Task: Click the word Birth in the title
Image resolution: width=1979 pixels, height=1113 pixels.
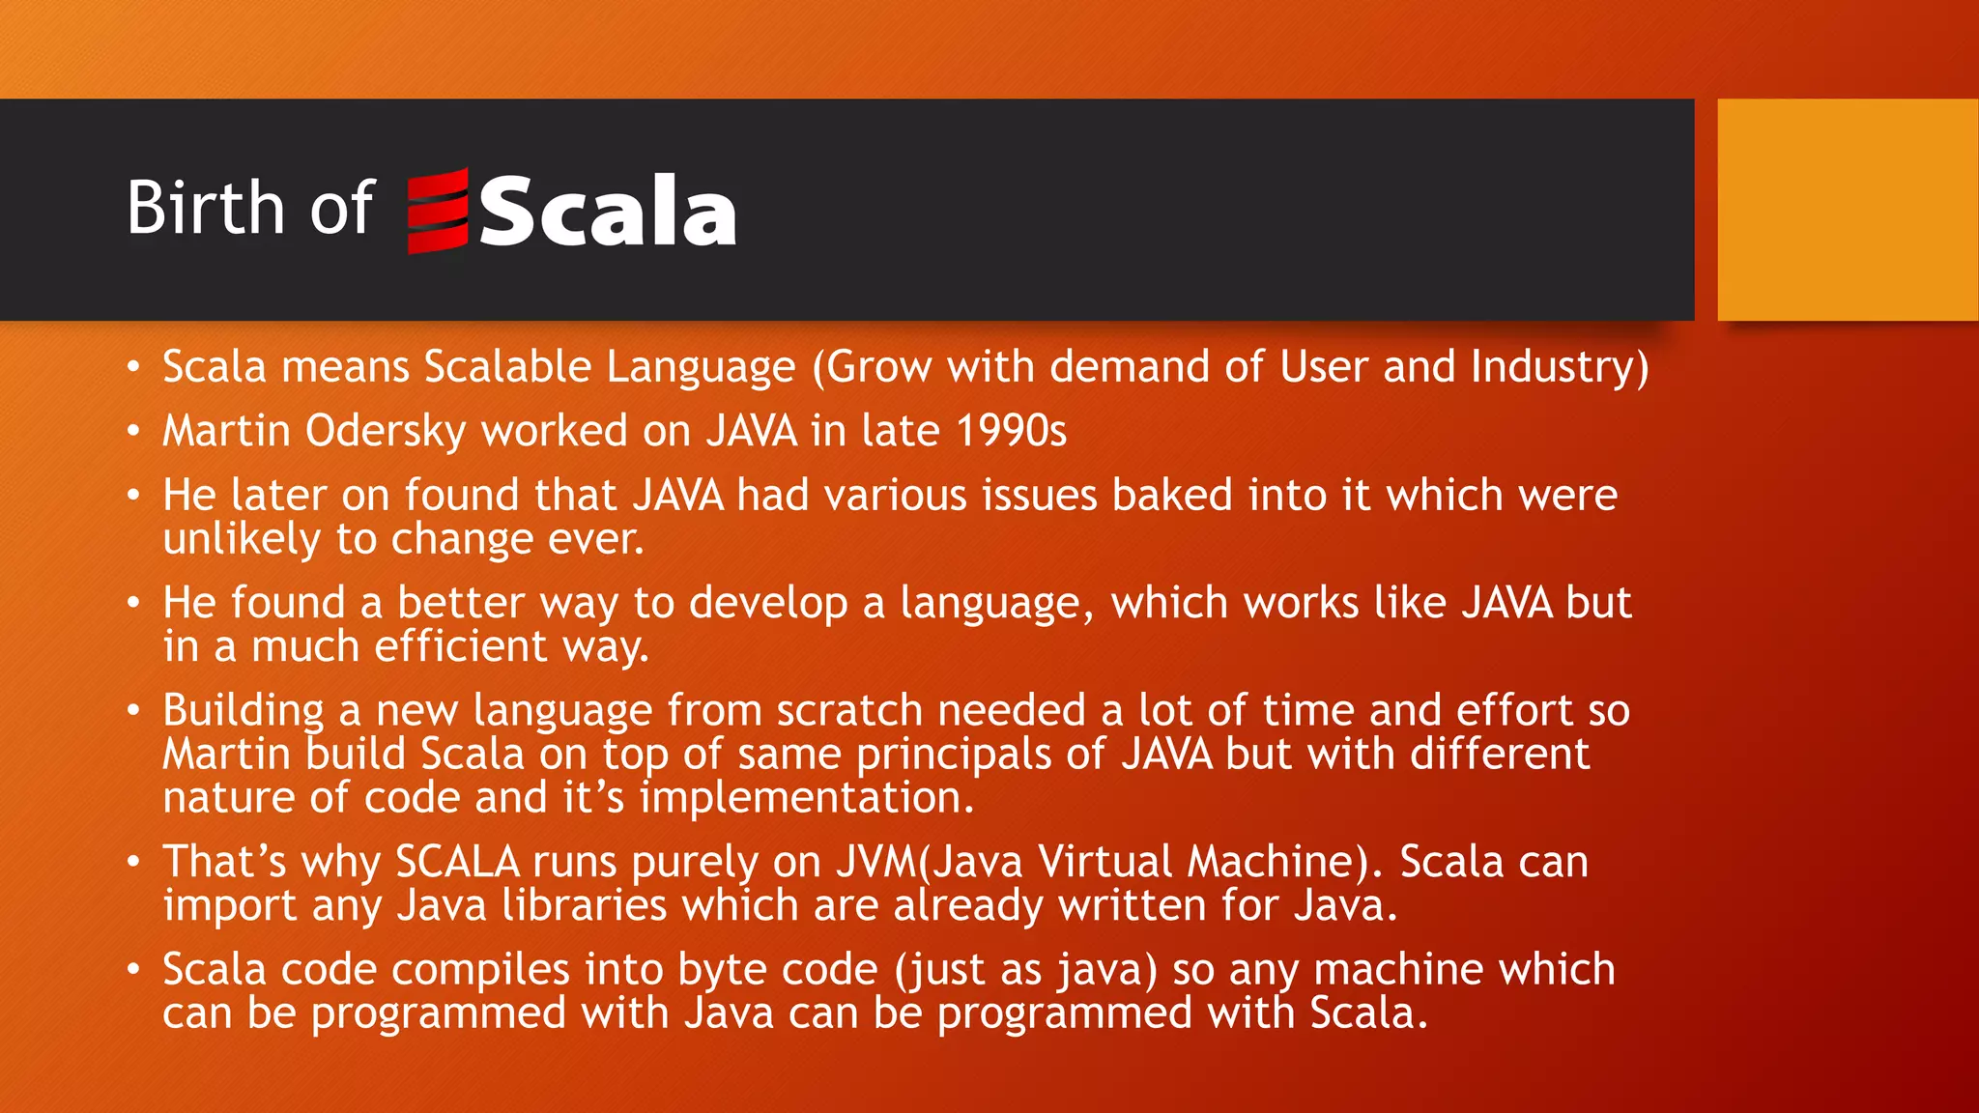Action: point(204,208)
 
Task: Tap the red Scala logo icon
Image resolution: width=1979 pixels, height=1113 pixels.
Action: point(438,211)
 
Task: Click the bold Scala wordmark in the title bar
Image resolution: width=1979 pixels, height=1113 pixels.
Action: point(608,212)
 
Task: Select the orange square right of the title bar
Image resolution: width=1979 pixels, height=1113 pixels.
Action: point(1847,209)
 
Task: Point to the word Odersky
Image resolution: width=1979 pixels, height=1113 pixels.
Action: point(386,431)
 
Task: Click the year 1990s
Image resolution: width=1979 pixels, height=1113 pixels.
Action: point(1011,431)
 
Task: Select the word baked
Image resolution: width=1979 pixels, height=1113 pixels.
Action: point(1172,496)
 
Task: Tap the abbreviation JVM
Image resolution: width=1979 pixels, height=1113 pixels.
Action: point(876,862)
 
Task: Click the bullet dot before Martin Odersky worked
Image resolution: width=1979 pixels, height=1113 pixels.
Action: point(133,432)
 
